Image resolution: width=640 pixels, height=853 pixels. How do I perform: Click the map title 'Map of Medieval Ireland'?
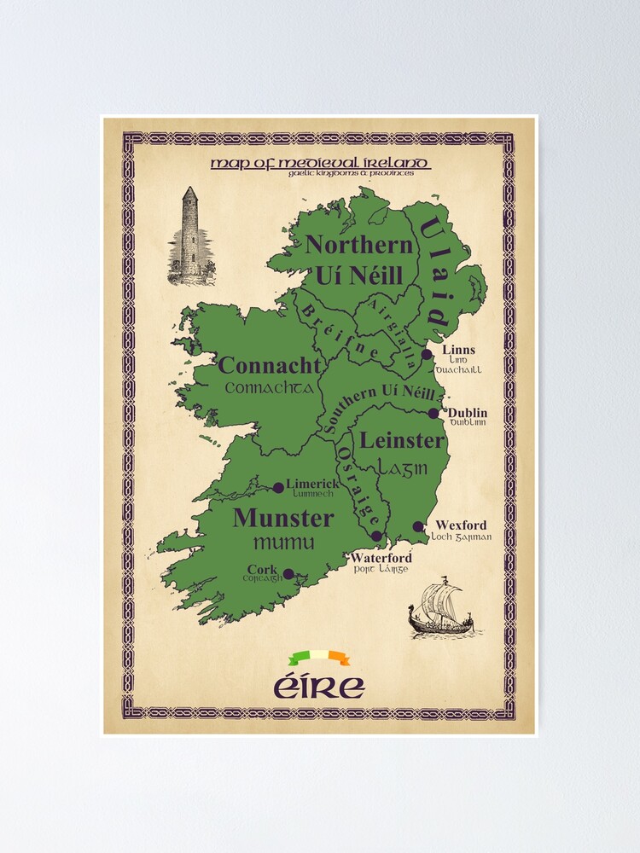click(320, 163)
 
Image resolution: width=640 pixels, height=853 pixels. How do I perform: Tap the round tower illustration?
click(191, 236)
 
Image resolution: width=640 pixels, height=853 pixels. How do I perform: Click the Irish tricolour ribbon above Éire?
click(319, 658)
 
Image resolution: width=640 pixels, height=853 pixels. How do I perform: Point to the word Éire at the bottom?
click(319, 686)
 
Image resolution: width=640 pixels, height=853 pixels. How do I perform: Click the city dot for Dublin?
click(433, 413)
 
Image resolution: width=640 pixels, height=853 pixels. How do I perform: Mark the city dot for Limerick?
click(278, 488)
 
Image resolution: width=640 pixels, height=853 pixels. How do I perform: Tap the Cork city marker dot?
click(288, 574)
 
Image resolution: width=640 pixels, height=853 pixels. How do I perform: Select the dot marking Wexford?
click(418, 526)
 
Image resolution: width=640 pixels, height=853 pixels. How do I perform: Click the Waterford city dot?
click(377, 536)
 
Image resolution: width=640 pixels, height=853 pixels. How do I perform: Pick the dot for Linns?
click(427, 353)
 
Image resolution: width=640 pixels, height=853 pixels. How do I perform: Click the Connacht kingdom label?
click(269, 367)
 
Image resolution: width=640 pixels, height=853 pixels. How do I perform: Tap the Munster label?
click(282, 518)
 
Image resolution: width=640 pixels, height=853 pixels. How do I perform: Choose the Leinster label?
click(402, 441)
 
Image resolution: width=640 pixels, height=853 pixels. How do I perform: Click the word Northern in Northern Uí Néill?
click(359, 245)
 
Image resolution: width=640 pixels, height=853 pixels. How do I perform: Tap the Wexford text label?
click(461, 525)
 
